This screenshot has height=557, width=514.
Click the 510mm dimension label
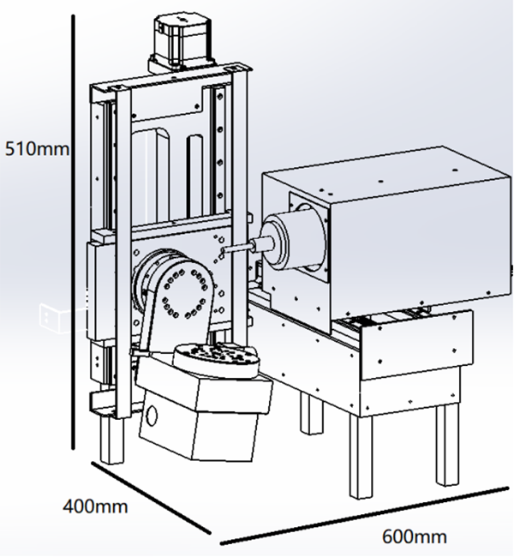coord(37,148)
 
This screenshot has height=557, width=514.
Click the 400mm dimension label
coord(95,506)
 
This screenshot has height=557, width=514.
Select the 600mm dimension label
coord(414,536)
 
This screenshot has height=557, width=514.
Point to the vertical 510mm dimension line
coord(73,232)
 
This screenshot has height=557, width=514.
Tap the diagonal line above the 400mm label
coord(151,497)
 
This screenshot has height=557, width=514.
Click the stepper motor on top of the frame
coord(182,45)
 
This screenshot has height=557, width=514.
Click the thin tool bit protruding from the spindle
coord(236,248)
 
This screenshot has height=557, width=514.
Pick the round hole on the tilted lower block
coord(152,415)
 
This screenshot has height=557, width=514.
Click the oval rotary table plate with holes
coord(217,360)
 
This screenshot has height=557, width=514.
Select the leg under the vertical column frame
coord(111,440)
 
